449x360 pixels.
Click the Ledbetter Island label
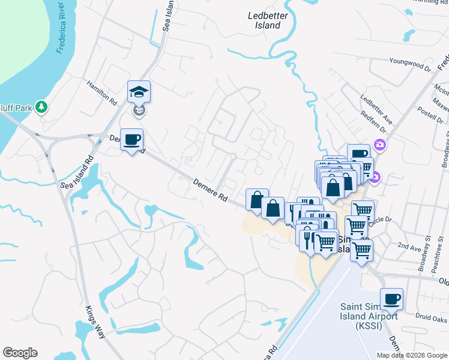coord(265,20)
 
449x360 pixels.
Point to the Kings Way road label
coord(95,325)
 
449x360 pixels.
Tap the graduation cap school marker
coord(139,92)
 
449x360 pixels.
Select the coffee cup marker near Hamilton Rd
coord(132,140)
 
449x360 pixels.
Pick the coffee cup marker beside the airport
coord(392,299)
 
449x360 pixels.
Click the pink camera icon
coord(379,145)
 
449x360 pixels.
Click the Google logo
coord(20,353)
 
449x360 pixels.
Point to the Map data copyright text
coord(411,355)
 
